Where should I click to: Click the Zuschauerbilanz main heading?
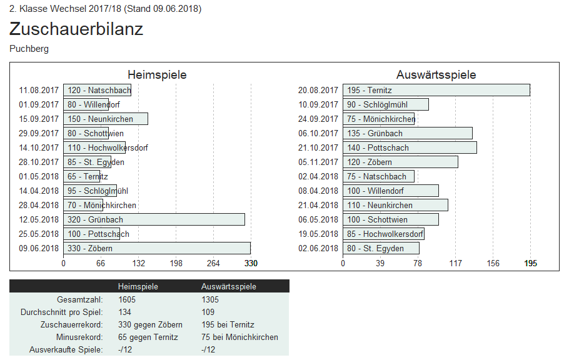tap(76, 29)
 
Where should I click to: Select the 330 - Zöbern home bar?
tap(156, 248)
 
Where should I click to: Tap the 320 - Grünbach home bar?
tap(154, 219)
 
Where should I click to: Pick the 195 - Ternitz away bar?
tap(436, 90)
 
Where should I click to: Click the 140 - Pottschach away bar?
tap(410, 147)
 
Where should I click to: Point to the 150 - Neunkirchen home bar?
tap(105, 119)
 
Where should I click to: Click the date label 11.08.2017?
tap(39, 90)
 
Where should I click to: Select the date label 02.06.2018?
tap(318, 248)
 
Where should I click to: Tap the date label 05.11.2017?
tap(318, 162)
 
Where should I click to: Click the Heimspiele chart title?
tap(157, 75)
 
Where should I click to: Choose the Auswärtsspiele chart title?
tap(436, 75)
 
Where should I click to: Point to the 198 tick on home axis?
tap(176, 264)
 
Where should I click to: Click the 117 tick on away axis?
tap(456, 264)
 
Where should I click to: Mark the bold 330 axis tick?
tap(250, 264)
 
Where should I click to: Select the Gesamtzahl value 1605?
tap(127, 299)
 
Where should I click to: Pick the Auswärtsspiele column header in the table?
tap(228, 286)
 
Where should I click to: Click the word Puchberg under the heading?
tap(29, 49)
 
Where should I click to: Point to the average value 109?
tap(208, 312)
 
